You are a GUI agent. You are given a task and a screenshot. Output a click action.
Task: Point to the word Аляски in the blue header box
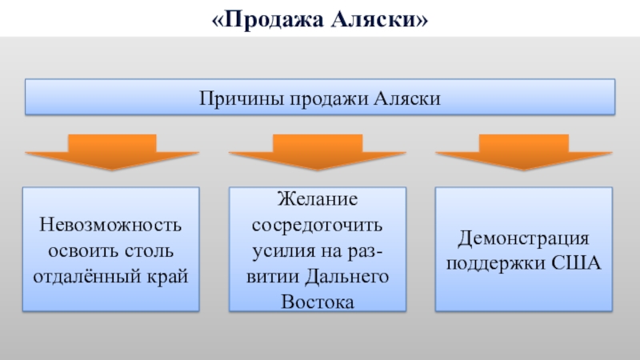click(x=407, y=98)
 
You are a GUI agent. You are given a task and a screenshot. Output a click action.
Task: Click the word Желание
click(x=318, y=198)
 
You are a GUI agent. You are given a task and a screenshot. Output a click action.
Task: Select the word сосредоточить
click(x=318, y=224)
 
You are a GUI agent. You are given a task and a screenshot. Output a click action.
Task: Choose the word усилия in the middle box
click(x=278, y=250)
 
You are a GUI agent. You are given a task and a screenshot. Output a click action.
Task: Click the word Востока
click(x=318, y=302)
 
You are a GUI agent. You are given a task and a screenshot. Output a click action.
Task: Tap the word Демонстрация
click(x=523, y=238)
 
